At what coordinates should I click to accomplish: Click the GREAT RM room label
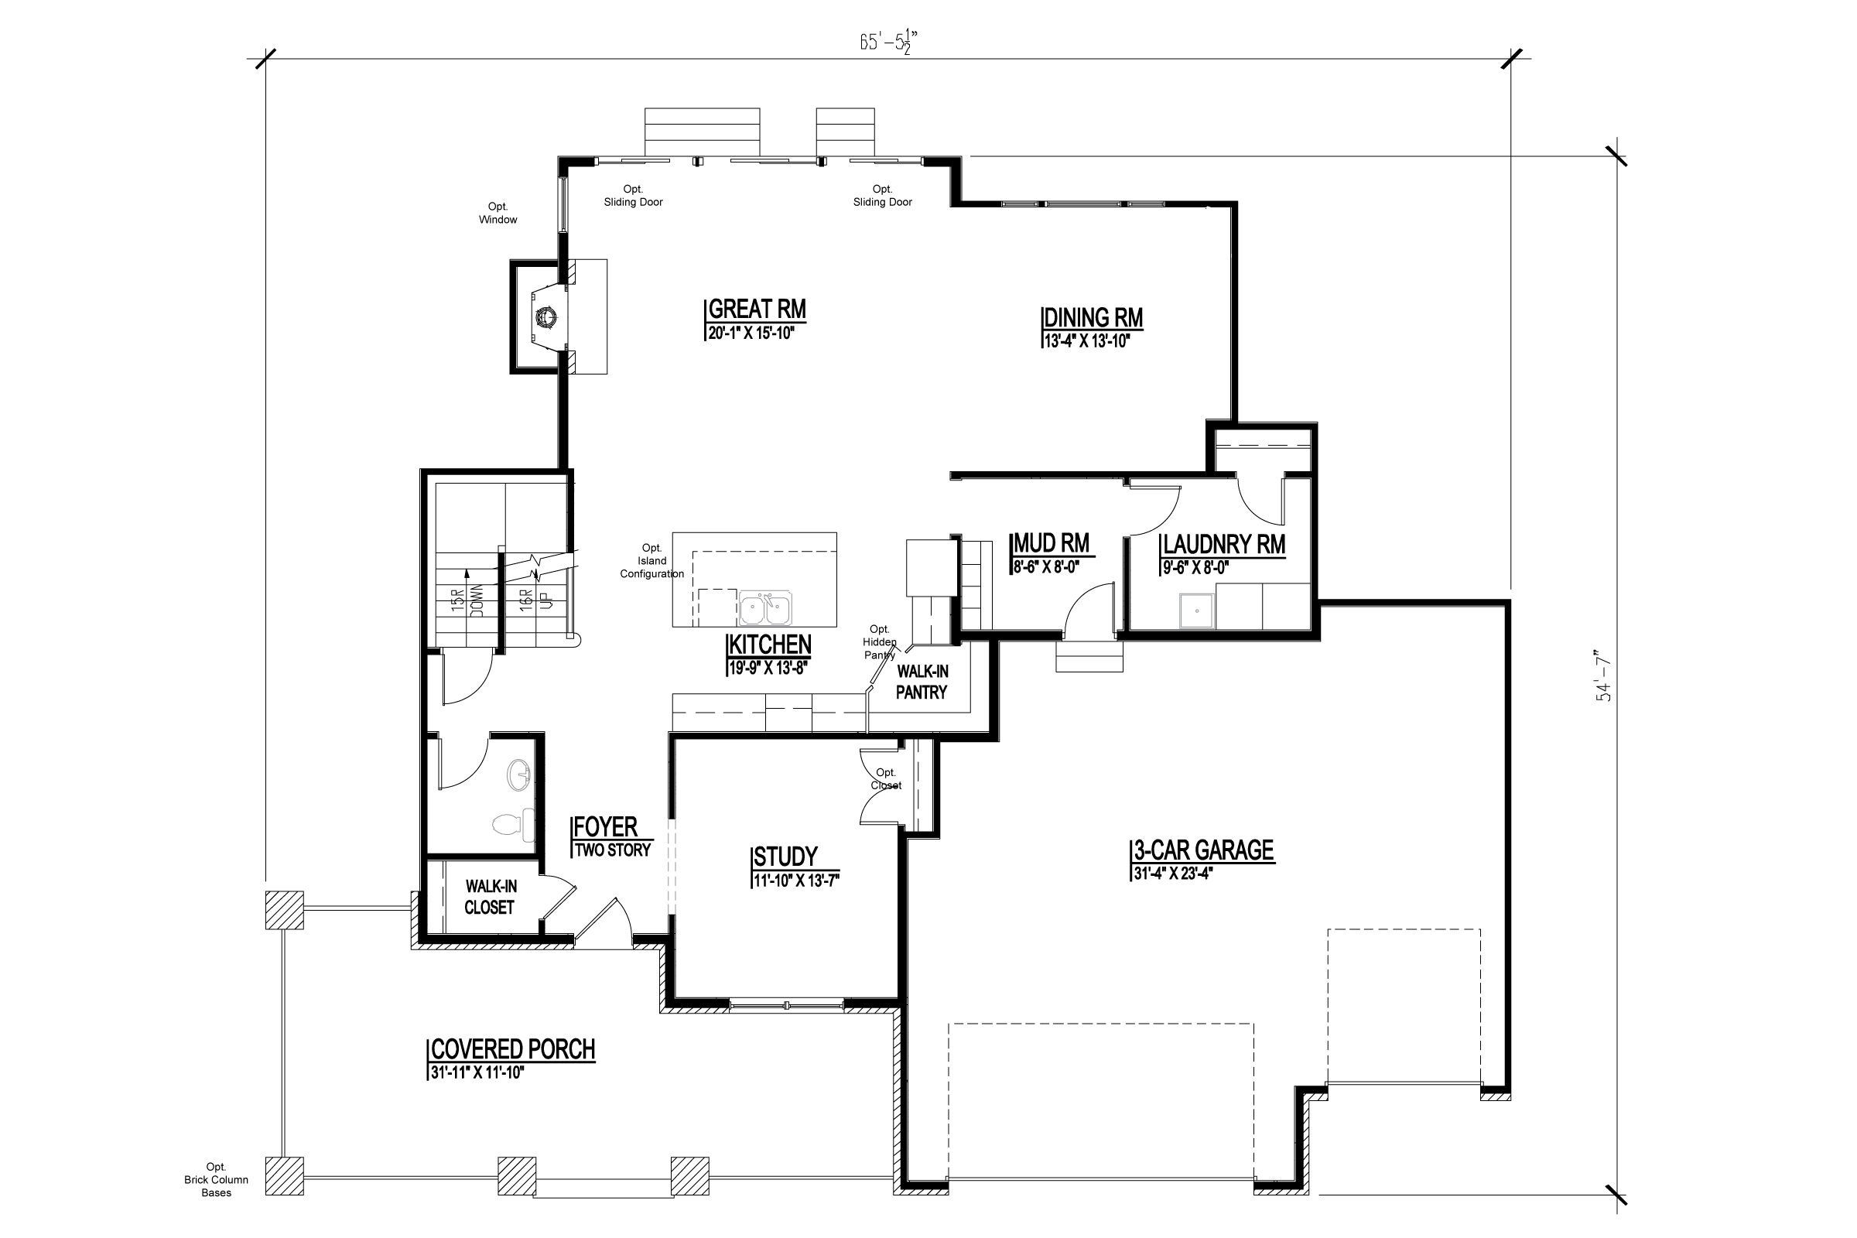tap(757, 309)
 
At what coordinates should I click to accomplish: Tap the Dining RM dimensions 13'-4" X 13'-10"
tap(1087, 342)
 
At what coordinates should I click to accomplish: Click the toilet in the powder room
tap(512, 824)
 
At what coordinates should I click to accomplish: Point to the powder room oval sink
tap(518, 775)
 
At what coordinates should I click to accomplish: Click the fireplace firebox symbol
tap(546, 317)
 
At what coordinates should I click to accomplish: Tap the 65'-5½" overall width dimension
tap(887, 41)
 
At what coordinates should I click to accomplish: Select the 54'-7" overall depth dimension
tap(1604, 681)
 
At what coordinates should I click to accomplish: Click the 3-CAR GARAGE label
tap(1203, 850)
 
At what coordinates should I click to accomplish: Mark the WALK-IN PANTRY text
tap(922, 682)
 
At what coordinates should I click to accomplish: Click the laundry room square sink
tap(1197, 611)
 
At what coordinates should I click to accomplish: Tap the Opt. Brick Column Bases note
tap(216, 1179)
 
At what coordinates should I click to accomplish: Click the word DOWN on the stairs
tap(477, 600)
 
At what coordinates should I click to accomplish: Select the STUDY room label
tap(785, 857)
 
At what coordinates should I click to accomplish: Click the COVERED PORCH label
tap(512, 1049)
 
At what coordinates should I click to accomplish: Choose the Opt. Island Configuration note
tap(651, 560)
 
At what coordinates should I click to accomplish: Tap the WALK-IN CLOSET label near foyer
tap(491, 897)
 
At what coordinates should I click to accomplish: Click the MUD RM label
tap(1051, 543)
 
